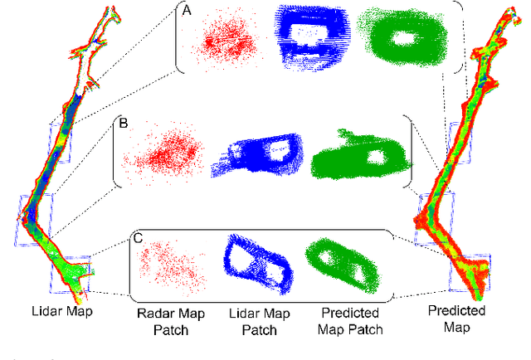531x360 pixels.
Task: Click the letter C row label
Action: click(x=139, y=238)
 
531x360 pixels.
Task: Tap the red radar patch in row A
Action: click(x=222, y=36)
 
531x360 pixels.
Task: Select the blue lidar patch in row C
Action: click(x=257, y=264)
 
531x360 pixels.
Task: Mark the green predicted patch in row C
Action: click(x=341, y=265)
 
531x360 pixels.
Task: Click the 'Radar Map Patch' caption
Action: click(x=164, y=322)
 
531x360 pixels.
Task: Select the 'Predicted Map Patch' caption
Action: click(x=349, y=322)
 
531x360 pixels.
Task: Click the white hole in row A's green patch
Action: click(x=407, y=38)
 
